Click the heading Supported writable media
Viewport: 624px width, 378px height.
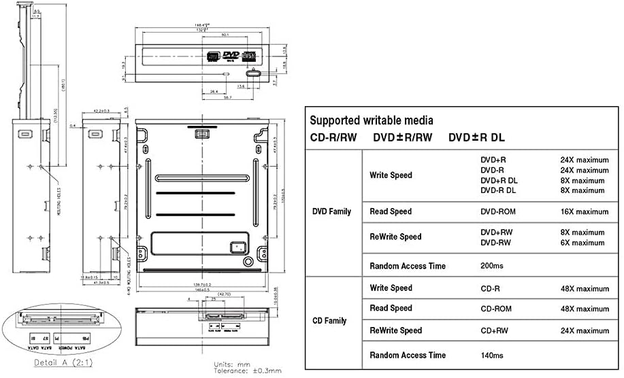(x=371, y=121)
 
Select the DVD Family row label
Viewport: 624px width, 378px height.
(x=331, y=211)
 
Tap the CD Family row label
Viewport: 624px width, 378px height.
(x=329, y=321)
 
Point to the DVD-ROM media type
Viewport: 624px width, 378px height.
(x=497, y=211)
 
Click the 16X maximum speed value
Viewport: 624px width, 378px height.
(x=584, y=211)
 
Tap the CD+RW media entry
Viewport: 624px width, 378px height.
(x=494, y=330)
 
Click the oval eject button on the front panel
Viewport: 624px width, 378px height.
(x=252, y=74)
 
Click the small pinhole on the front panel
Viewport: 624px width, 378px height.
(x=227, y=73)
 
